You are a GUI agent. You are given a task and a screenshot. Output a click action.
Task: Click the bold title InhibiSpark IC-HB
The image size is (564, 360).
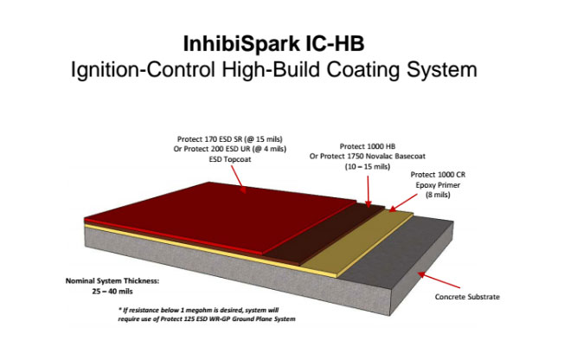point(273,44)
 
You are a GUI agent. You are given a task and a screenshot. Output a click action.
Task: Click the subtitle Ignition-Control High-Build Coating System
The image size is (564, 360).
point(273,70)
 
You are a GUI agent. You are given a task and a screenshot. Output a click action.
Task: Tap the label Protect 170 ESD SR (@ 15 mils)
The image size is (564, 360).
point(230,139)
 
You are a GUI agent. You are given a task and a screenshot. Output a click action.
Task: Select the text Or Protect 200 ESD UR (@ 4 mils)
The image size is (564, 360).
point(230,149)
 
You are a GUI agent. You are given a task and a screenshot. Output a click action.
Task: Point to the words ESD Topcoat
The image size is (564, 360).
point(230,159)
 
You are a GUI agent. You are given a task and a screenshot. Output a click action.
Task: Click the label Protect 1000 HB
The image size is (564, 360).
point(368,146)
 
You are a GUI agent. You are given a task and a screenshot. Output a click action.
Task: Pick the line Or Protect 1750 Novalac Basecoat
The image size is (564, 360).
point(368,157)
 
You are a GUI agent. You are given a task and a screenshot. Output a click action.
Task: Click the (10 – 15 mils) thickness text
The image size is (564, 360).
point(368,167)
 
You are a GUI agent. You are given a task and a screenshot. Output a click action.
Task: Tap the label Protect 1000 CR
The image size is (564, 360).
point(438,175)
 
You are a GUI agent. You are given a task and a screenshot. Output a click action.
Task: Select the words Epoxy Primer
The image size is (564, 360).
point(438,185)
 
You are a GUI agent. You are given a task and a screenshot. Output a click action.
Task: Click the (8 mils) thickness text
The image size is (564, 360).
point(438,195)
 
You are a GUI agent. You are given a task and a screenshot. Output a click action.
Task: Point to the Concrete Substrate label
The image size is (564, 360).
point(467,297)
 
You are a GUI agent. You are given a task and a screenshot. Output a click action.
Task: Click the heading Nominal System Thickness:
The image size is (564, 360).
point(112,280)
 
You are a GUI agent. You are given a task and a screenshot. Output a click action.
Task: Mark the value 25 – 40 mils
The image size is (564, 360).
point(112,292)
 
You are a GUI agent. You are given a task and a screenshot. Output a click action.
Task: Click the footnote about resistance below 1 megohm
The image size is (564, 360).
point(207,314)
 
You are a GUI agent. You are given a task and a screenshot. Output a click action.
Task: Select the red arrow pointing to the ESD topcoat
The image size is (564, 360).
point(237,179)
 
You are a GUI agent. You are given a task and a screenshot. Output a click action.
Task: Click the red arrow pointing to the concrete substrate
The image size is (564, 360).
point(439,280)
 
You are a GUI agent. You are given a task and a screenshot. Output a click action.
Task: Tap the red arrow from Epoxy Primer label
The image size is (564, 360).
point(403,202)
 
